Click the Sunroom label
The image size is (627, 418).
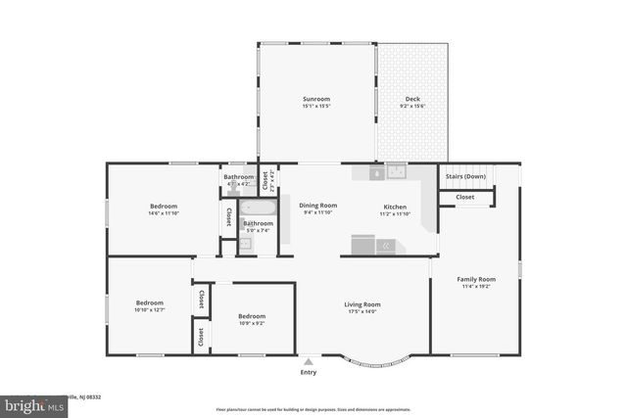315,99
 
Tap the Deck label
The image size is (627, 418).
413,99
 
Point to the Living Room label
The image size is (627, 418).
362,304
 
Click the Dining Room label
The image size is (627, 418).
317,205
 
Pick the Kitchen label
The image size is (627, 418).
395,207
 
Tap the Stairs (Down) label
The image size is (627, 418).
465,176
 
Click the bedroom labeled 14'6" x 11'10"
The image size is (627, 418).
163,206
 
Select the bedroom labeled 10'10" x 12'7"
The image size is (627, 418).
149,302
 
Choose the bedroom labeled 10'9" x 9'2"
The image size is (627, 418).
252,316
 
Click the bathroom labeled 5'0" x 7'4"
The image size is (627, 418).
259,223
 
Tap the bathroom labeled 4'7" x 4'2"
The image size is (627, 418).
238,177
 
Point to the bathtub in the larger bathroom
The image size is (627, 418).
258,208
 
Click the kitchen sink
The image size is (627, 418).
396,171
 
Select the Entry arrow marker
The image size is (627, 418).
308,361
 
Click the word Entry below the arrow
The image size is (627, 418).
308,372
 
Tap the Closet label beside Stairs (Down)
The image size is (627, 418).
465,197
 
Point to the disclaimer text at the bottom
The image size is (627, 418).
313,409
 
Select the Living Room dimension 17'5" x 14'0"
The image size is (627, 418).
362,311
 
